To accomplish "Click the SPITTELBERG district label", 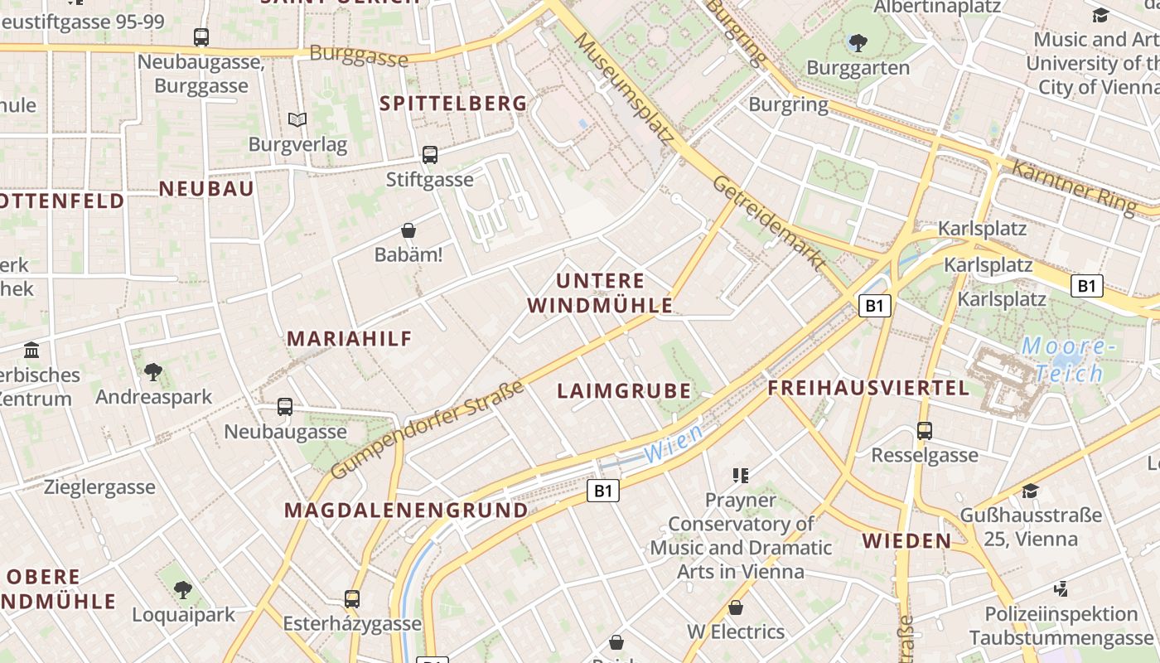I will tap(453, 104).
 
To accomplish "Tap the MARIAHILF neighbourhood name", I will tap(349, 338).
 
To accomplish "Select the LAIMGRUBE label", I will tap(624, 391).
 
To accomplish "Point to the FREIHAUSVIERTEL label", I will tap(868, 388).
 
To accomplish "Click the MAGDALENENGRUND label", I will tap(406, 511).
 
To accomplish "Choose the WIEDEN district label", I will tap(907, 541).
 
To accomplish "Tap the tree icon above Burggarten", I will tap(858, 42).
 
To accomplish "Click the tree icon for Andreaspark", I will tap(153, 372).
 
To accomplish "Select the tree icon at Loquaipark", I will tap(183, 590).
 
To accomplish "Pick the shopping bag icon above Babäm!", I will tap(408, 230).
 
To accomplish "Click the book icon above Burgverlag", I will tap(297, 119).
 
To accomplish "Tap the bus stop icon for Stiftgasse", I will tap(429, 154).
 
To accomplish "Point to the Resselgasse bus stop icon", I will tap(925, 431).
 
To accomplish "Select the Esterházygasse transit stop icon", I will tap(352, 598).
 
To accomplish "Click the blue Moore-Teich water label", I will tap(1063, 359).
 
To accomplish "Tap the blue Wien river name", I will tap(673, 443).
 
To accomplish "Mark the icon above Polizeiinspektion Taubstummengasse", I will tap(1061, 589).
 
